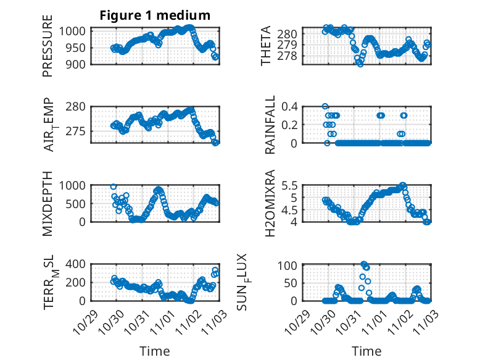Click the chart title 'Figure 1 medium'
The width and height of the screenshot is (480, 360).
[x=155, y=15]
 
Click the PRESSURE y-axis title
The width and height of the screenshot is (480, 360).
[x=48, y=50]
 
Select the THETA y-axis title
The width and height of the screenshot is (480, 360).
[x=266, y=46]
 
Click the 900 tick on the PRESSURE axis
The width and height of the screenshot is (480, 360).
[x=79, y=64]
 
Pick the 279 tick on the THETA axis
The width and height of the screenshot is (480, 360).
[x=291, y=45]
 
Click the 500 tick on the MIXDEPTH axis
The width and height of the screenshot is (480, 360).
[x=79, y=203]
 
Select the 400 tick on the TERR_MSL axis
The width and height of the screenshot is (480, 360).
[x=79, y=264]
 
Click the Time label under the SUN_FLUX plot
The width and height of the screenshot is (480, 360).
[x=366, y=351]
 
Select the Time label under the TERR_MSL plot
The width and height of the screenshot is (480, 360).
[x=154, y=351]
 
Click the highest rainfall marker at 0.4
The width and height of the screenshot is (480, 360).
[x=325, y=106]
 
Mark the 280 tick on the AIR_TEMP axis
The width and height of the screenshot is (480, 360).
[x=79, y=106]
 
